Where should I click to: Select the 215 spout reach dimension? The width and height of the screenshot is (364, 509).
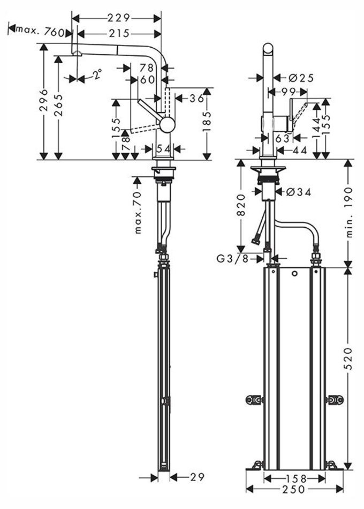119,33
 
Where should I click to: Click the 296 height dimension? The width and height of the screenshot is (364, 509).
44,100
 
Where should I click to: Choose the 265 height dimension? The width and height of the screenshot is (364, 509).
58,106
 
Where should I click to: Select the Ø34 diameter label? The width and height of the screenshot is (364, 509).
299,191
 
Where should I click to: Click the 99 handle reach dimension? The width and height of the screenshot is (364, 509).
290,91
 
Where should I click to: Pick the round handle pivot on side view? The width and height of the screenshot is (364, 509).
167,124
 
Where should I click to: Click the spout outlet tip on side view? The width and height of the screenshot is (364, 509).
77,53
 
